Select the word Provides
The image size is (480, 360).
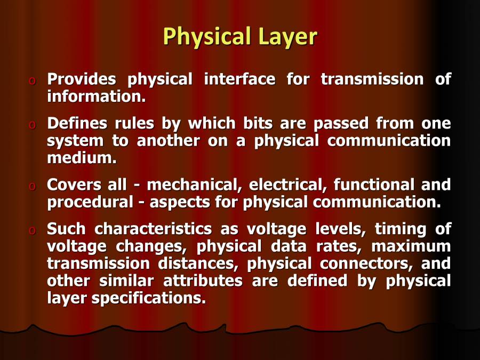pyautogui.click(x=82, y=79)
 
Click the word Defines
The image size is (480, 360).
pyautogui.click(x=77, y=123)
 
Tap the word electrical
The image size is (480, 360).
pyautogui.click(x=289, y=185)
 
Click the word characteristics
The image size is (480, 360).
pyautogui.click(x=157, y=229)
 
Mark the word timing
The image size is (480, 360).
pyautogui.click(x=398, y=229)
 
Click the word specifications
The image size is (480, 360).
pyautogui.click(x=148, y=298)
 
